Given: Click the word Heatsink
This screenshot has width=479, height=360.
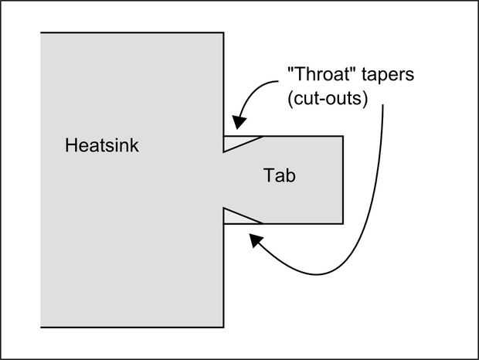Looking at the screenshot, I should coord(102,145).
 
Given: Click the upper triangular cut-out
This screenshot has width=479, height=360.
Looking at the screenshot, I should coord(236,141).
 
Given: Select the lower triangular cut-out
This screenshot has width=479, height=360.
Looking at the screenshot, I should coord(236,217).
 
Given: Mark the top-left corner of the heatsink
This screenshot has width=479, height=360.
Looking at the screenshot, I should coord(41,32).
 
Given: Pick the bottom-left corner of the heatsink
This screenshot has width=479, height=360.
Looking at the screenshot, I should coord(41,327).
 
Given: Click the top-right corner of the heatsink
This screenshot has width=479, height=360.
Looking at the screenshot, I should coord(224,32).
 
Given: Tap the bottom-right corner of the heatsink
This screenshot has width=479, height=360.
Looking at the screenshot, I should coord(224,327).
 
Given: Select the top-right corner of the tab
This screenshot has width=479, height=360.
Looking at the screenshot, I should coord(343,136).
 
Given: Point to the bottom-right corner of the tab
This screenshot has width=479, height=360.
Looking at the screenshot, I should coord(343,223).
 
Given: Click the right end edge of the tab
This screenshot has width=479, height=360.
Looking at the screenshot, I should coord(343,179).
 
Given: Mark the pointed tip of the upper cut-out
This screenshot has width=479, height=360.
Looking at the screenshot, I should coord(224,151).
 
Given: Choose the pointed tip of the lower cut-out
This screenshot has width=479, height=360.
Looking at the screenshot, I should coord(224,208).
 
